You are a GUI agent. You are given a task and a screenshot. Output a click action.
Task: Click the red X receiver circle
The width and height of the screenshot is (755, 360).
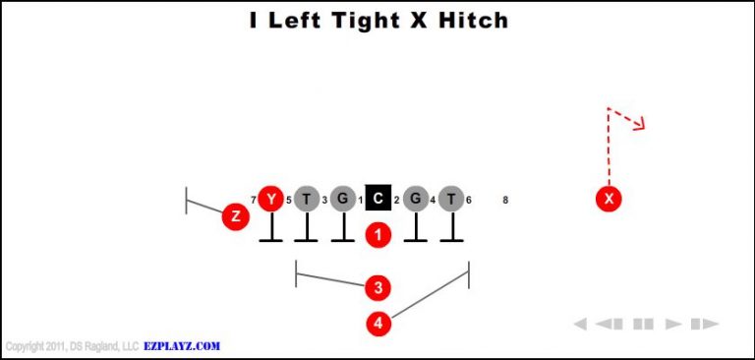coord(610,199)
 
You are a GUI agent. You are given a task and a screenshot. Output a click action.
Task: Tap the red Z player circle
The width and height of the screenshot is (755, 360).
coord(235,216)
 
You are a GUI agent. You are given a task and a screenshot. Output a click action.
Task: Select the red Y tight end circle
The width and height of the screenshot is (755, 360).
coord(270,199)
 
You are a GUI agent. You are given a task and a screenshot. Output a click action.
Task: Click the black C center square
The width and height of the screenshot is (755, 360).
coord(378,199)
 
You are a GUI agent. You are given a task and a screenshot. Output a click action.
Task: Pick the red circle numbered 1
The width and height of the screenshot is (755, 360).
coord(378,234)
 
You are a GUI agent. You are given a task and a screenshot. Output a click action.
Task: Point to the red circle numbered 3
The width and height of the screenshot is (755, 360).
coord(377,287)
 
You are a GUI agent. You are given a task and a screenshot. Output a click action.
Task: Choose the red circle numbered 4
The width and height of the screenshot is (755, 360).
coord(378,322)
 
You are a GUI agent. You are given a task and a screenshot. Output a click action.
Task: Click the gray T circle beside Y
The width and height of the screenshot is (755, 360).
coord(307,199)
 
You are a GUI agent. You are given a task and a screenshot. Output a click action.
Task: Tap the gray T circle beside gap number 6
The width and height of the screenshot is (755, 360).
coord(451,199)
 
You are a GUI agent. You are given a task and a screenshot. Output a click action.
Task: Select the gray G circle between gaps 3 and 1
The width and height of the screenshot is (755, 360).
coord(342,199)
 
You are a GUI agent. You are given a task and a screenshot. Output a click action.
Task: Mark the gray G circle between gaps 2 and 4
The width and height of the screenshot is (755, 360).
coord(415,199)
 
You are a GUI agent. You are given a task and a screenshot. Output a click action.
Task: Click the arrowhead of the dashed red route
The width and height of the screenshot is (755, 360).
coord(640,124)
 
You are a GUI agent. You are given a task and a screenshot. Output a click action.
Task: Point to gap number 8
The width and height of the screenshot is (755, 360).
coord(505,200)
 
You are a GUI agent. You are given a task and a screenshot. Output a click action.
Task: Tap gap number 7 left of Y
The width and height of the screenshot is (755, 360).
coord(253,200)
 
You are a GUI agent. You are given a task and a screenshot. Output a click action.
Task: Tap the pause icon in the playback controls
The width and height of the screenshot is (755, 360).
coord(643,324)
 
